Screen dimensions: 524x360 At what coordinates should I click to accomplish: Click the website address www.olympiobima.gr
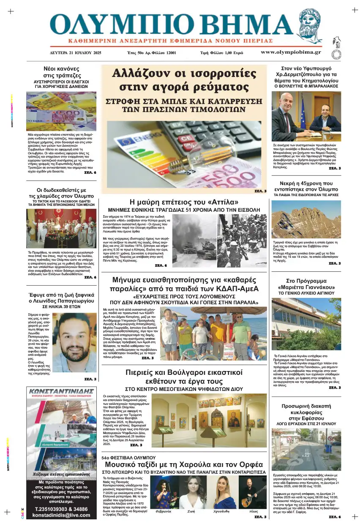[291, 52]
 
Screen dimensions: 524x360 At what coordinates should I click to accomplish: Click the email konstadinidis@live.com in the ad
[62, 515]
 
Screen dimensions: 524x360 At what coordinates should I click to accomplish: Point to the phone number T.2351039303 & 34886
[62, 509]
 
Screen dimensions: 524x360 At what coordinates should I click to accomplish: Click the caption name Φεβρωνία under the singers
[164, 510]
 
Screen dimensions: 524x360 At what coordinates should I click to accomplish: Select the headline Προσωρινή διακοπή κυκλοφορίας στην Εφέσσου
[306, 412]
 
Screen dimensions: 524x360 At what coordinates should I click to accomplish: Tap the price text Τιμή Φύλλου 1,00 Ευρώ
[221, 53]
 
